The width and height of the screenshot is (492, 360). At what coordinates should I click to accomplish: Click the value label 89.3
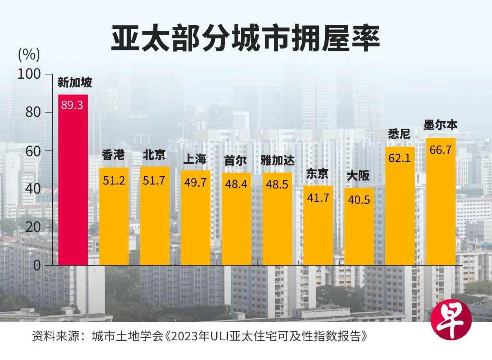tap(73, 105)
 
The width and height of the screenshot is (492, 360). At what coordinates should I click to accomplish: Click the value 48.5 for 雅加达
tap(277, 184)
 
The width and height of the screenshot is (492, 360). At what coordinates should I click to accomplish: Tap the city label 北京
tap(154, 155)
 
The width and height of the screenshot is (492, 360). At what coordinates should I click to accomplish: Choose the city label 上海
tap(195, 159)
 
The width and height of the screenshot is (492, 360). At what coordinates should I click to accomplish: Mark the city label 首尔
tap(236, 161)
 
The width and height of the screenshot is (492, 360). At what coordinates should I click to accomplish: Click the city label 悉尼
tap(399, 134)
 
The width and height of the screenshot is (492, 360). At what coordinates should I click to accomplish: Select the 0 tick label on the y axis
tap(37, 266)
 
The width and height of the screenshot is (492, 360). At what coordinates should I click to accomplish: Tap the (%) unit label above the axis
tap(29, 55)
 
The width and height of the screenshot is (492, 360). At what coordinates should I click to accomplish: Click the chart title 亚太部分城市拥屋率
tap(245, 39)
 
